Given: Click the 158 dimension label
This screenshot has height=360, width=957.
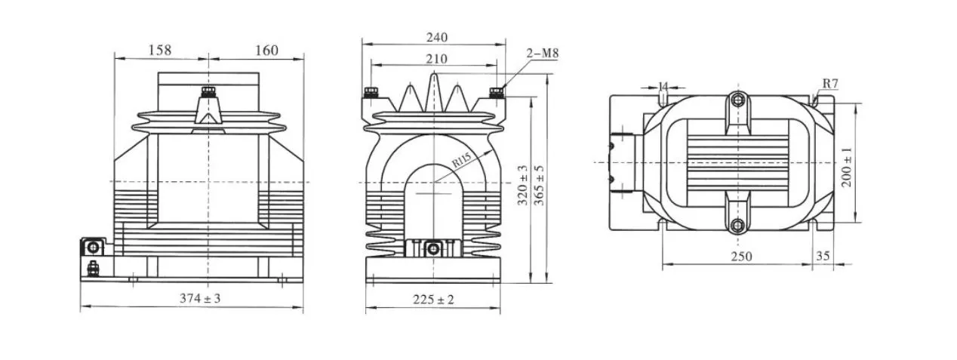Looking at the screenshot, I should point(160,50).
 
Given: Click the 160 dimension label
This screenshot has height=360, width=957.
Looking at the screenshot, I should point(266,51).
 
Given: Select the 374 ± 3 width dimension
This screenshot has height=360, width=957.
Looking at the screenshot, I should point(201,298).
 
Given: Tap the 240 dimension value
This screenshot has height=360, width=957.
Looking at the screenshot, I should point(436,37).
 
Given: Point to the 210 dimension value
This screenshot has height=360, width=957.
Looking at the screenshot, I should point(436,59).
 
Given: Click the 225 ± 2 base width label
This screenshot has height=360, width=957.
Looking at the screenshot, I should point(433,300).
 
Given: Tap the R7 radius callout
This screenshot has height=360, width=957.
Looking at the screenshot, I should point(829,83).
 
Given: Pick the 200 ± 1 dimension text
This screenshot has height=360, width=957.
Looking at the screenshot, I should point(848,166).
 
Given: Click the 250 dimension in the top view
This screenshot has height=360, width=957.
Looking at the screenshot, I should point(741,257).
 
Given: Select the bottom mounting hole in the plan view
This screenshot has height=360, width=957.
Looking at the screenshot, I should point(737,224).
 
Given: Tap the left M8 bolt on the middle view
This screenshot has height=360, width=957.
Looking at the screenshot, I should point(371,93).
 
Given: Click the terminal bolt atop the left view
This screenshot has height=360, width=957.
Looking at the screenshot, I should point(207,94).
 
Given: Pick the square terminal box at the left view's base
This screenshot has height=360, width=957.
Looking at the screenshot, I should point(94,247).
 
